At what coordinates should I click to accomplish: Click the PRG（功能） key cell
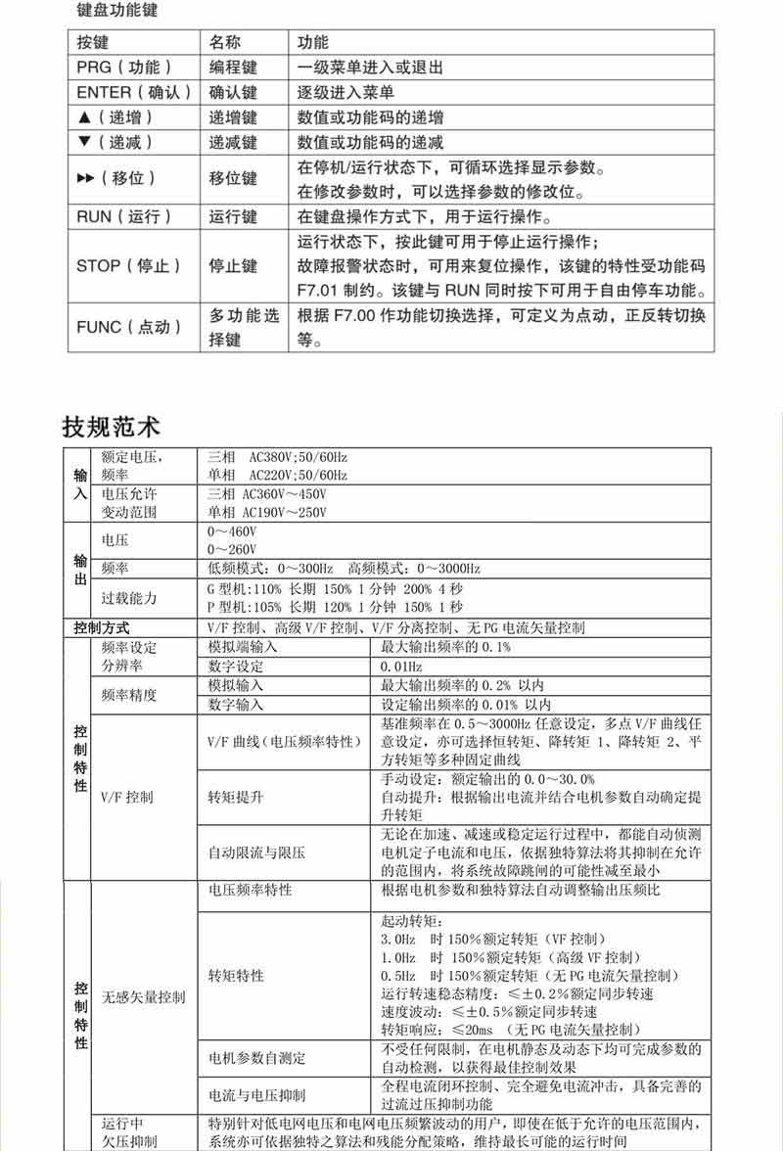124,68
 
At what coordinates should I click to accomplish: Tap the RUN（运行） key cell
124,216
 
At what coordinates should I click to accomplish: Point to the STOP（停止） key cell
128,265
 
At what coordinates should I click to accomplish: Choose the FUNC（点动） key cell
129,327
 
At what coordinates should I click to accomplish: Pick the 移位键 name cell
233,178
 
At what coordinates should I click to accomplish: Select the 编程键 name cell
233,68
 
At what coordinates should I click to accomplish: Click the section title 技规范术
111,427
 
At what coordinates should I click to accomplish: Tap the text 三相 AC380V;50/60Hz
278,457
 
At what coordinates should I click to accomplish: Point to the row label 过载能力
129,597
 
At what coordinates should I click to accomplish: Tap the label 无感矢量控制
143,996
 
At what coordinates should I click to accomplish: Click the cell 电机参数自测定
257,1058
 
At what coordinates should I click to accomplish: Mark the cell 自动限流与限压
257,852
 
